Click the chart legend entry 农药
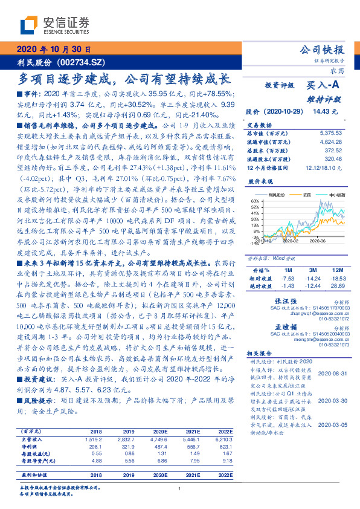point(307,195)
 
